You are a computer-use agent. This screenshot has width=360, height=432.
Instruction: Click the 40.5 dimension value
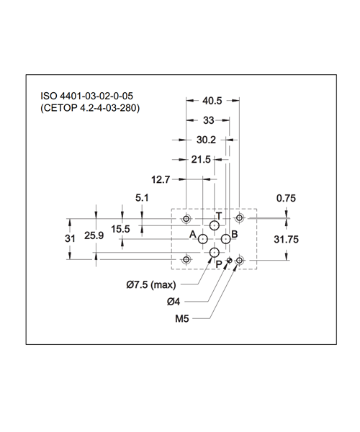[212, 101]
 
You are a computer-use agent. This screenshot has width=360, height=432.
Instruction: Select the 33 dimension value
[209, 120]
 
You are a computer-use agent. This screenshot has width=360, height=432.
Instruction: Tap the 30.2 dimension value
[206, 140]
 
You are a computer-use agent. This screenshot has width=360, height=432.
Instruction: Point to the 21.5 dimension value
[201, 160]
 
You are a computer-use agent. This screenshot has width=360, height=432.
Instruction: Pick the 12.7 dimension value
[161, 179]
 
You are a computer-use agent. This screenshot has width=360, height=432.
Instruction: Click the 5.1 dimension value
[142, 198]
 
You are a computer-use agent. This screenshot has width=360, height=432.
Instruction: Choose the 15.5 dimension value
[120, 229]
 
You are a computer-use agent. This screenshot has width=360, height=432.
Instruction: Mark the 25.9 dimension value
[94, 235]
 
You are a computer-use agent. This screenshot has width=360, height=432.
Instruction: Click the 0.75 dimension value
[286, 199]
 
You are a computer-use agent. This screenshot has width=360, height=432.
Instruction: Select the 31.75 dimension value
[286, 240]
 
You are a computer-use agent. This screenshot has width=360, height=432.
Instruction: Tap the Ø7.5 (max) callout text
[151, 284]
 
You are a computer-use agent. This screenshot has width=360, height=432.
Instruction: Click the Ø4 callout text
[174, 302]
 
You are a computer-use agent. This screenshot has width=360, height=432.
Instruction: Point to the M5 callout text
[182, 319]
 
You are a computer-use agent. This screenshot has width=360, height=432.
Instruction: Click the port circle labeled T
[215, 226]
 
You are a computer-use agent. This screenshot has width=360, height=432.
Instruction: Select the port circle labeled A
[203, 239]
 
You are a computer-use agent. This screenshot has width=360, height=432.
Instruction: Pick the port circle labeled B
[226, 239]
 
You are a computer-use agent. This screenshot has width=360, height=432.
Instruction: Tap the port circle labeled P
[215, 252]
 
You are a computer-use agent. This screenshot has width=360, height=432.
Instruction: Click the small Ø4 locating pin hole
[230, 260]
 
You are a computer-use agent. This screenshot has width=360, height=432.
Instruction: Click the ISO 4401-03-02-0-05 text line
[87, 96]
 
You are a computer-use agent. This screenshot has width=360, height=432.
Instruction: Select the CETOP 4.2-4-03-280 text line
[90, 108]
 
